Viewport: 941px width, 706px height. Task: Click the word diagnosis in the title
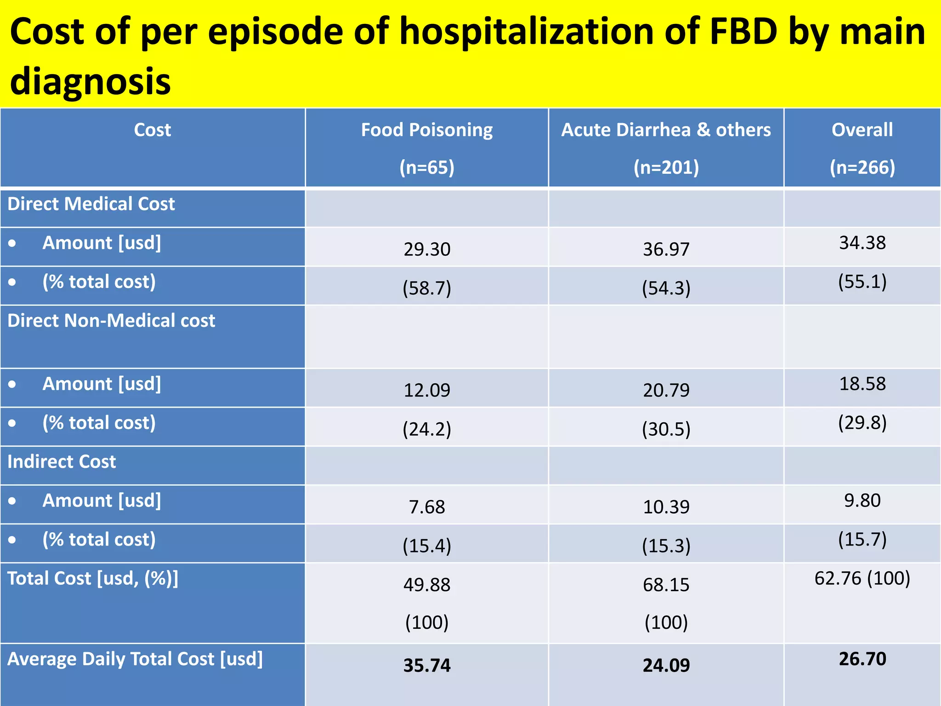[x=90, y=81]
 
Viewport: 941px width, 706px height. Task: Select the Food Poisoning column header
[x=426, y=130]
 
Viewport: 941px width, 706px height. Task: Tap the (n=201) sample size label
[x=666, y=167]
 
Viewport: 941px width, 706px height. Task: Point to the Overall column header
[x=862, y=130]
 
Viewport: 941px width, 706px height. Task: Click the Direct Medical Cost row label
[x=91, y=204]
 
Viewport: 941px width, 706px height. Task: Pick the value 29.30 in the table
[x=426, y=249]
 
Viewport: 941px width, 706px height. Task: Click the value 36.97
[x=666, y=249]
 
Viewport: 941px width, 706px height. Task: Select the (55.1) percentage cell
[x=862, y=281]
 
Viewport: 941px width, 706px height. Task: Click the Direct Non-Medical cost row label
[x=111, y=320]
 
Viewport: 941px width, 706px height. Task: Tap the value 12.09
[x=426, y=390]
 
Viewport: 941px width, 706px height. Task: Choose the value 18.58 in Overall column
[x=862, y=384]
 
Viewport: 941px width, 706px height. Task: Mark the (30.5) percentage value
[x=666, y=429]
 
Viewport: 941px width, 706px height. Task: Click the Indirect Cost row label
[x=62, y=461]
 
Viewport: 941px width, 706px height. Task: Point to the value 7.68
[x=426, y=507]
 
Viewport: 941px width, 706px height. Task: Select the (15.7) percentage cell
[x=862, y=539]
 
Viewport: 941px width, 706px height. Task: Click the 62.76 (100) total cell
[x=862, y=578]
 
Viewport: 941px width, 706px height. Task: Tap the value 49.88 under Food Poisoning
[x=426, y=585]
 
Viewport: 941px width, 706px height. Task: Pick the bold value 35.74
[x=426, y=665]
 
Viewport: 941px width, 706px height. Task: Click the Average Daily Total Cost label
[x=135, y=659]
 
